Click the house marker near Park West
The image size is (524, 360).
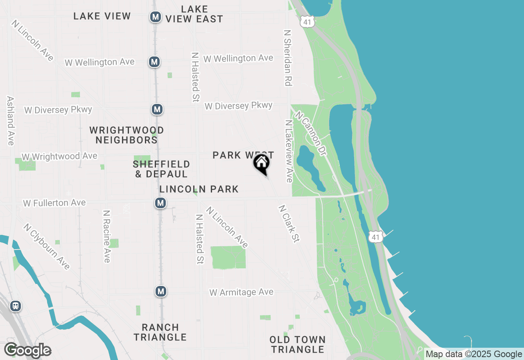(261, 164)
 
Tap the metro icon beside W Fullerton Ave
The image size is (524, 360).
(160, 202)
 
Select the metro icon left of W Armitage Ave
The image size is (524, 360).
(161, 291)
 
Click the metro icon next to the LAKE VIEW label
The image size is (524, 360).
(155, 17)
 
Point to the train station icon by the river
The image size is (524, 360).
(16, 306)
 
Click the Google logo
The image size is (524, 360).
(28, 350)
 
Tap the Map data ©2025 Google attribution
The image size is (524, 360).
(474, 354)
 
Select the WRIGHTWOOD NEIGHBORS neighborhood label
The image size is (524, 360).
(126, 135)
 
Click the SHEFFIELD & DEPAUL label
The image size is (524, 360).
(161, 169)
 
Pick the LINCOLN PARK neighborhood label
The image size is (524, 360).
(199, 189)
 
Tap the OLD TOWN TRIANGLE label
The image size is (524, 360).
(298, 344)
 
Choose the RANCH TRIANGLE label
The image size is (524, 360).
(160, 332)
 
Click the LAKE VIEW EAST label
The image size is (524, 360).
(194, 14)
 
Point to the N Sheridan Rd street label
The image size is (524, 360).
(288, 57)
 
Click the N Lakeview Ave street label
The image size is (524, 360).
(289, 151)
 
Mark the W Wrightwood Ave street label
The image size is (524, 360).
(60, 156)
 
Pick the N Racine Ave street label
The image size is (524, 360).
(106, 236)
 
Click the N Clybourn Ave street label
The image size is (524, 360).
(46, 247)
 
